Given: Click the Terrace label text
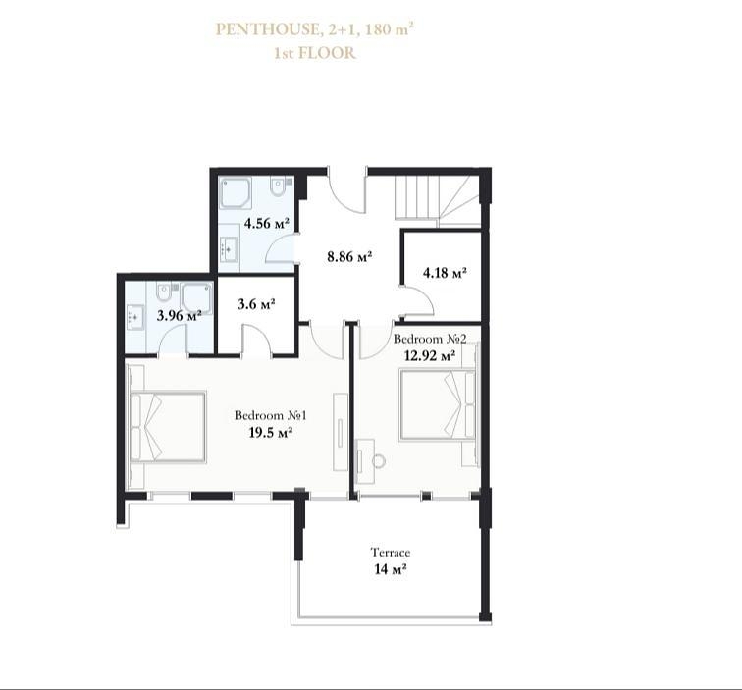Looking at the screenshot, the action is pyautogui.click(x=391, y=553).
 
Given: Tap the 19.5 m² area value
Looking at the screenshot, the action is pyautogui.click(x=270, y=433).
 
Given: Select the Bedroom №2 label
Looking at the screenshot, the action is pyautogui.click(x=430, y=339).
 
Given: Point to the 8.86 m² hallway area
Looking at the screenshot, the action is pyautogui.click(x=349, y=257).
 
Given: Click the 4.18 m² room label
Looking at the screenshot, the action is pyautogui.click(x=445, y=273).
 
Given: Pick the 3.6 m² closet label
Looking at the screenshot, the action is pyautogui.click(x=256, y=304).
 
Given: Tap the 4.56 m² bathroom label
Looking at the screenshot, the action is pyautogui.click(x=266, y=223).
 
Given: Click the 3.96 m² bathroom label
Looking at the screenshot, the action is pyautogui.click(x=180, y=316).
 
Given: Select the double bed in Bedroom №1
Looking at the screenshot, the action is pyautogui.click(x=168, y=426).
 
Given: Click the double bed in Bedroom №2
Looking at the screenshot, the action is pyautogui.click(x=437, y=404).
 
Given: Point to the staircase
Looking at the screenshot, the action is pyautogui.click(x=438, y=199).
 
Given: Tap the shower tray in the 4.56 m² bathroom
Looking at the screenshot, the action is pyautogui.click(x=236, y=193).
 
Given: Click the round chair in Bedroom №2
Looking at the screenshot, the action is pyautogui.click(x=379, y=461).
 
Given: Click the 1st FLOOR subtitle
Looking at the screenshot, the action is pyautogui.click(x=315, y=53).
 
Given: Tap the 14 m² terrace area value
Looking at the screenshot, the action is pyautogui.click(x=391, y=569).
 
